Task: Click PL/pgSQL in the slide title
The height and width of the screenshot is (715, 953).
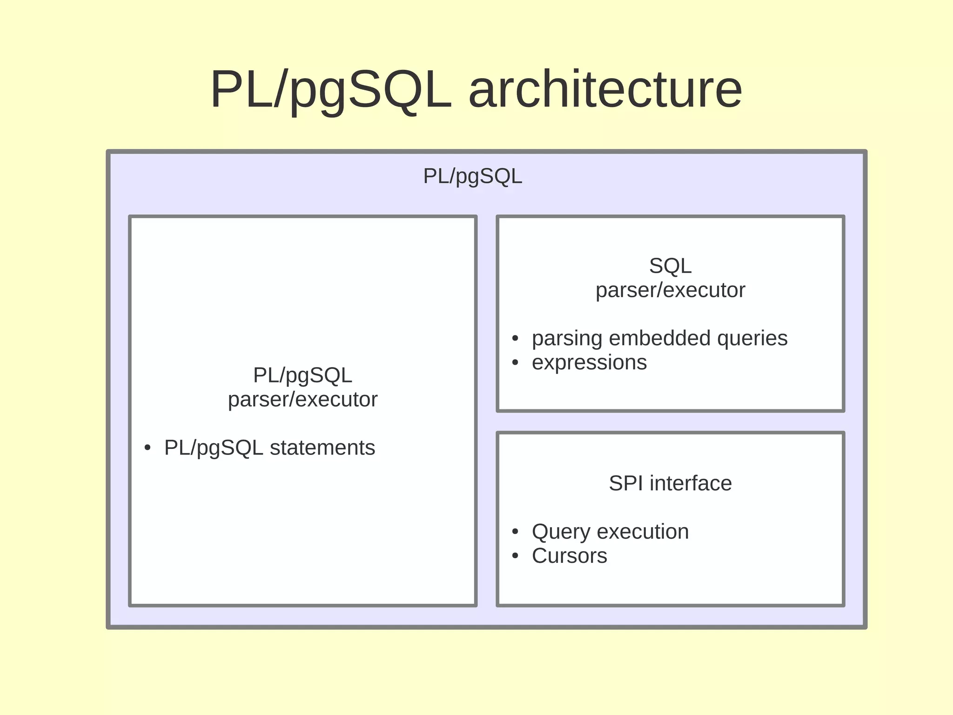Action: tap(330, 89)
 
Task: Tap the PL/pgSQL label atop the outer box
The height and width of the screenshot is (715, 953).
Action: tap(472, 176)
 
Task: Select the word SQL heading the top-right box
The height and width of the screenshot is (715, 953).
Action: tap(670, 266)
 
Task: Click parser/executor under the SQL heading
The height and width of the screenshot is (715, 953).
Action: tap(670, 291)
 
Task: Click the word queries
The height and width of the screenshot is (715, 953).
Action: tap(752, 338)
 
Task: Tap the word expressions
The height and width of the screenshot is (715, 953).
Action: tap(589, 362)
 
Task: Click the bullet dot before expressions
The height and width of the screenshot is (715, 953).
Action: tap(515, 363)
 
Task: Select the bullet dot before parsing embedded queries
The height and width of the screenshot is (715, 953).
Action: tap(515, 339)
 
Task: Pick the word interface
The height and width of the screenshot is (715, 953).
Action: tap(691, 483)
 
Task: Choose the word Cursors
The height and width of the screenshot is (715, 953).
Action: tap(569, 556)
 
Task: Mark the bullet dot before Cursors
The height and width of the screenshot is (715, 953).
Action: tap(515, 556)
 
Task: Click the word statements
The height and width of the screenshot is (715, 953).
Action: tap(322, 448)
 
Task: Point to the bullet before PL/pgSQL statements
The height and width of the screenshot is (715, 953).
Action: tap(148, 448)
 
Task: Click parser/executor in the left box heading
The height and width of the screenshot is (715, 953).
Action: tap(302, 400)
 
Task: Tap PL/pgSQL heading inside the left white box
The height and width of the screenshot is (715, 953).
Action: tap(302, 375)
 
